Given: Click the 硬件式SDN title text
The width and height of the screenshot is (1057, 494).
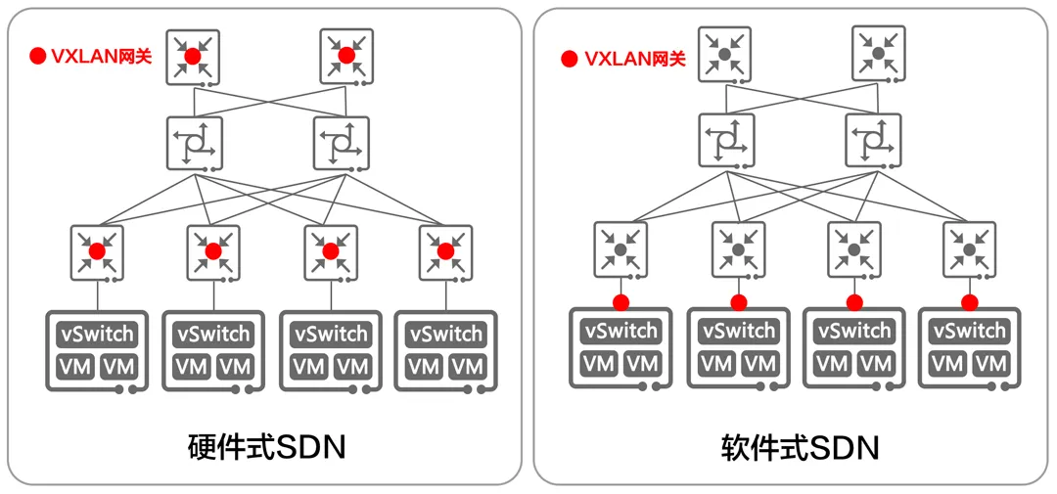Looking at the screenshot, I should [266, 447].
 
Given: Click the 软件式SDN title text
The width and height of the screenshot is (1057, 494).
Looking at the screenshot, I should [800, 448].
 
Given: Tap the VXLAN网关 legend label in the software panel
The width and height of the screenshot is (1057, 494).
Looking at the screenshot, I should [634, 59].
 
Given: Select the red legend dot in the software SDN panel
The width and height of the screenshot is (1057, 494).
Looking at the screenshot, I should [569, 59].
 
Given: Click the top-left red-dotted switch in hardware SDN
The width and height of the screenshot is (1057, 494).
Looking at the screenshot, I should [193, 57].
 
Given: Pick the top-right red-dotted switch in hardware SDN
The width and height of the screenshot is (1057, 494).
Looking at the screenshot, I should [345, 56].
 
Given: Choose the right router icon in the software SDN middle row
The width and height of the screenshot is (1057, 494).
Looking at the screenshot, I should [873, 140].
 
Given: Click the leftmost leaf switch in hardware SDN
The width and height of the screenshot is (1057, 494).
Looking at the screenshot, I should [97, 251].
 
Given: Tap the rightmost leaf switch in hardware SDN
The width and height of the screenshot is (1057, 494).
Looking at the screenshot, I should [445, 251].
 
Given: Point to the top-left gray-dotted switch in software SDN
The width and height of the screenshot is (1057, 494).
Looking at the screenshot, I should [724, 54].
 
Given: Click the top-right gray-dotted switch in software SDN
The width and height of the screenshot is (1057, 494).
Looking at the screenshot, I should [878, 53].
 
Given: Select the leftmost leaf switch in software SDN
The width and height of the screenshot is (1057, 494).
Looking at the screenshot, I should [620, 248].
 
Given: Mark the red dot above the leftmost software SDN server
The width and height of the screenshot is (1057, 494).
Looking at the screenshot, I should [620, 301].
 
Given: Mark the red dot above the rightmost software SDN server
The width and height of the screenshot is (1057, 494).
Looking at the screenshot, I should [969, 301].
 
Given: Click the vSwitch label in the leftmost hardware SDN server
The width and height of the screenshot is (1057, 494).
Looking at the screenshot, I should [97, 334].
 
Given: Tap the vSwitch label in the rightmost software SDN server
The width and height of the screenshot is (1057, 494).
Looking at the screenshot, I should [969, 331].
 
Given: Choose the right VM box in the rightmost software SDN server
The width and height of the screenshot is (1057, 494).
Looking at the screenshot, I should [991, 364].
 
